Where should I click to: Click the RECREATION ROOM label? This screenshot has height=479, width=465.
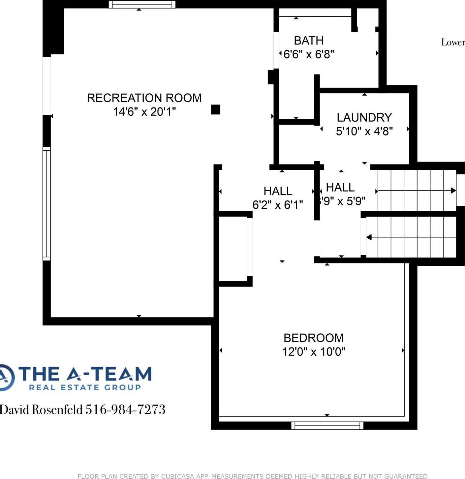pos(144,98)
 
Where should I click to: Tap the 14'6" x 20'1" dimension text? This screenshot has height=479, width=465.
pos(144,112)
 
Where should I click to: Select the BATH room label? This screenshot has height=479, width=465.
pos(309,41)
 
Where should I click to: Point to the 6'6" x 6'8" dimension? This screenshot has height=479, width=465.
pos(309,54)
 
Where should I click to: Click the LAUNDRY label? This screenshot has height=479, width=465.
pos(364,117)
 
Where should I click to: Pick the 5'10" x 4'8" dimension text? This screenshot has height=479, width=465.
pos(364,131)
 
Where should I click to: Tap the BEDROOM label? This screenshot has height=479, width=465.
pos(313,338)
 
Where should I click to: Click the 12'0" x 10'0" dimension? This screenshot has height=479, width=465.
pos(313,352)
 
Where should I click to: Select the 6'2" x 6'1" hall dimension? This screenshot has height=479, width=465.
pos(277,205)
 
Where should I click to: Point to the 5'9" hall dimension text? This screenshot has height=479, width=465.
pos(342,201)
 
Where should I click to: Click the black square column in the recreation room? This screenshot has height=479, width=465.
pos(215,109)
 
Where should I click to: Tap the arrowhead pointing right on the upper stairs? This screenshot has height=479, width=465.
pos(453,191)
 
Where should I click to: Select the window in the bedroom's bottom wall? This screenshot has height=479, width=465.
pos(327,426)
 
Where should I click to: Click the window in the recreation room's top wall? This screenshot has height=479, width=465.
pos(142,4)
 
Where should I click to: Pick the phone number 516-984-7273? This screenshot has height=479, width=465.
pos(125,409)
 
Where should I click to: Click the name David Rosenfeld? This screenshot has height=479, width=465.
pos(41,409)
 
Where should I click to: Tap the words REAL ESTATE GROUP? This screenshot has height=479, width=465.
pos(85,387)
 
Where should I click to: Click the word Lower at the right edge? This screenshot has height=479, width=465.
pos(453,42)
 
